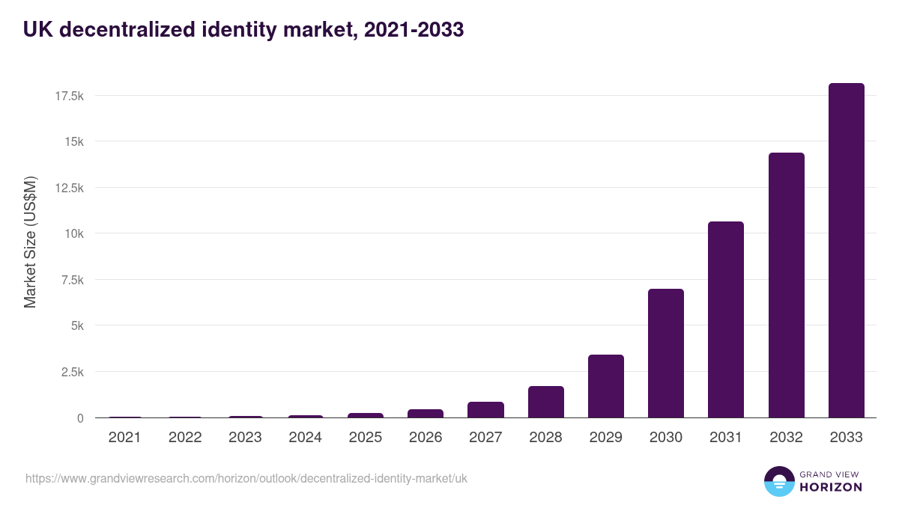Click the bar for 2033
pyautogui.click(x=846, y=251)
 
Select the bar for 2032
pyautogui.click(x=786, y=285)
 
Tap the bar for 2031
pyautogui.click(x=726, y=319)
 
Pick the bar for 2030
pyautogui.click(x=666, y=353)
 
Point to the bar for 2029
pyautogui.click(x=605, y=386)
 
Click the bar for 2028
pyautogui.click(x=545, y=402)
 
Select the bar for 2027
pyautogui.click(x=485, y=410)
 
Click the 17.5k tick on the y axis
pyautogui.click(x=67, y=96)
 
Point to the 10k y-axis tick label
pyautogui.click(x=73, y=233)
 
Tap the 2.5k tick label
pyautogui.click(x=70, y=372)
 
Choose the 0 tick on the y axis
pyautogui.click(x=79, y=418)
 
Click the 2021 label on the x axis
pyautogui.click(x=124, y=438)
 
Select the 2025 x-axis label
pyautogui.click(x=365, y=438)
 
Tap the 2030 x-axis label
pyautogui.click(x=666, y=438)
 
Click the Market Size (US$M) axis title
pyautogui.click(x=30, y=242)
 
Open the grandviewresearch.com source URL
pyautogui.click(x=246, y=478)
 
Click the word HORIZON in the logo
pyautogui.click(x=831, y=487)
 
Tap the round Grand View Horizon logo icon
pyautogui.click(x=778, y=482)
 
